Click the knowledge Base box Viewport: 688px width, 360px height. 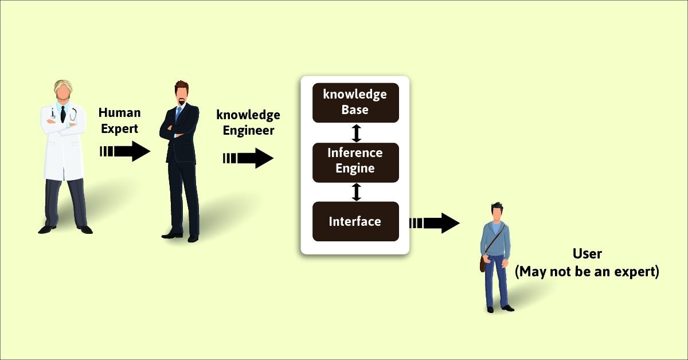tap(355, 103)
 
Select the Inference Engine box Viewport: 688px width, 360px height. tap(355, 162)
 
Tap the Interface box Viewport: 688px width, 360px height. tap(355, 221)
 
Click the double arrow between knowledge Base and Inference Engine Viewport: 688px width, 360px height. tap(356, 133)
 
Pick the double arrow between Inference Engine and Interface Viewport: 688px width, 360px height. tap(356, 192)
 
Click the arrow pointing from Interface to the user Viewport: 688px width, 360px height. tap(435, 223)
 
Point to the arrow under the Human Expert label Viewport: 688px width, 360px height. tap(125, 151)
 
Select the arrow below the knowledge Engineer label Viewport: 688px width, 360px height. tap(248, 158)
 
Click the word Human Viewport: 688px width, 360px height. tap(119, 113)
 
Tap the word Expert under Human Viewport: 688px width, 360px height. tap(119, 129)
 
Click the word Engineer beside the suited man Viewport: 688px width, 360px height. tap(248, 131)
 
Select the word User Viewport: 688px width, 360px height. tap(587, 254)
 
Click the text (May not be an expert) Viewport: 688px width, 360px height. tap(587, 272)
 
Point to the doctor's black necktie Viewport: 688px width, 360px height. tap(63, 114)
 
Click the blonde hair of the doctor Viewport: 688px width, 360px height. tap(63, 88)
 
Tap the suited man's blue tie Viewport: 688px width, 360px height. tap(178, 114)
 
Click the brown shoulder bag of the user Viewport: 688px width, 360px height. tap(483, 263)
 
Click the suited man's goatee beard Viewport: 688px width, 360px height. tap(182, 101)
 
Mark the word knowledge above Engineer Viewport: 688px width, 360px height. tap(248, 115)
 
